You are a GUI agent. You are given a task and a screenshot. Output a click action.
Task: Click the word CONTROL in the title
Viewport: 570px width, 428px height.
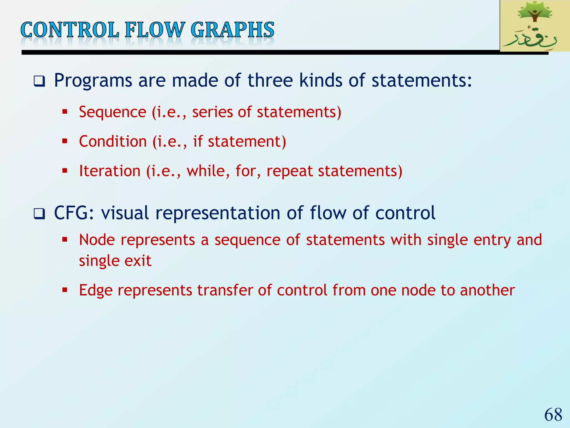coord(70,30)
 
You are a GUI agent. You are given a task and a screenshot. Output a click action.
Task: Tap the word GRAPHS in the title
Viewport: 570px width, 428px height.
coord(232,30)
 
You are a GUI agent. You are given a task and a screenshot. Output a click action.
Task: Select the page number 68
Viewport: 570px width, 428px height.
coord(553,415)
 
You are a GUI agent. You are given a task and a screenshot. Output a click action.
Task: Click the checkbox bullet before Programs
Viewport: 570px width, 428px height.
coord(39,81)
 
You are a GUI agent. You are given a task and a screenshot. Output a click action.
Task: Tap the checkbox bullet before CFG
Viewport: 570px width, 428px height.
coord(39,214)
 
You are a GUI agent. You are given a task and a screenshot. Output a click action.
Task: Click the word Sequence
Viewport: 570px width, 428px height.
coord(112,112)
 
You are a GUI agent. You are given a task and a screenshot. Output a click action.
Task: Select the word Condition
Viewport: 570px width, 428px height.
coord(113,141)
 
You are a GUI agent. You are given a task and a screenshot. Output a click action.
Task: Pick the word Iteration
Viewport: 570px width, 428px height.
coord(110,171)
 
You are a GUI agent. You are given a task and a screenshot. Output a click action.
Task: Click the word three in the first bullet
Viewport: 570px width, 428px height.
coord(270,81)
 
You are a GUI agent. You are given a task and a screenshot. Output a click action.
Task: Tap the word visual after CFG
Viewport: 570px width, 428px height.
coord(125,213)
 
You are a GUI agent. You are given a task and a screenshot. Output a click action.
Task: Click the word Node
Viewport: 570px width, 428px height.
coord(97,240)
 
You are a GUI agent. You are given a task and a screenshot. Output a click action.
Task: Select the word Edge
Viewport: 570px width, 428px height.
coord(96,290)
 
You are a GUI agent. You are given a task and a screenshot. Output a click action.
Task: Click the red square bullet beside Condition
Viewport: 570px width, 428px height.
coord(65,141)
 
